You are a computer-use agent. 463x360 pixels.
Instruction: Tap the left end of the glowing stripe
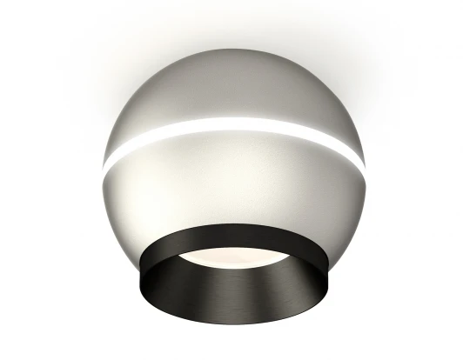[x=106, y=165]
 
